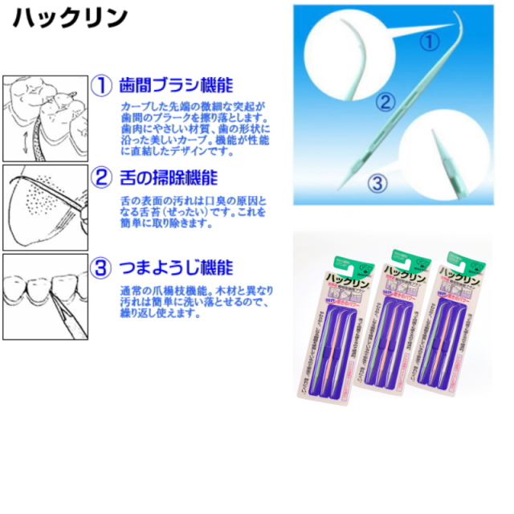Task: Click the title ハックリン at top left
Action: pyautogui.click(x=71, y=18)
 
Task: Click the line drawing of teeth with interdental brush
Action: pyautogui.click(x=45, y=118)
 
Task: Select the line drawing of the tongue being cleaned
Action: pyautogui.click(x=45, y=207)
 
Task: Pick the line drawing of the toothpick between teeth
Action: pyautogui.click(x=45, y=296)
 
